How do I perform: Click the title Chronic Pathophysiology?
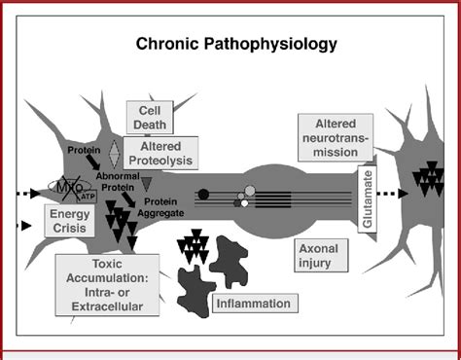pos(230,45)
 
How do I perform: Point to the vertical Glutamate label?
pos(368,200)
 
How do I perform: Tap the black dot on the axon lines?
pos(203,194)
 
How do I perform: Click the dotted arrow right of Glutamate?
pos(394,193)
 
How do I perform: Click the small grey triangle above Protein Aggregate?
pos(147,181)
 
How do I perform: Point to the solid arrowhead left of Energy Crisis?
pos(23,229)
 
